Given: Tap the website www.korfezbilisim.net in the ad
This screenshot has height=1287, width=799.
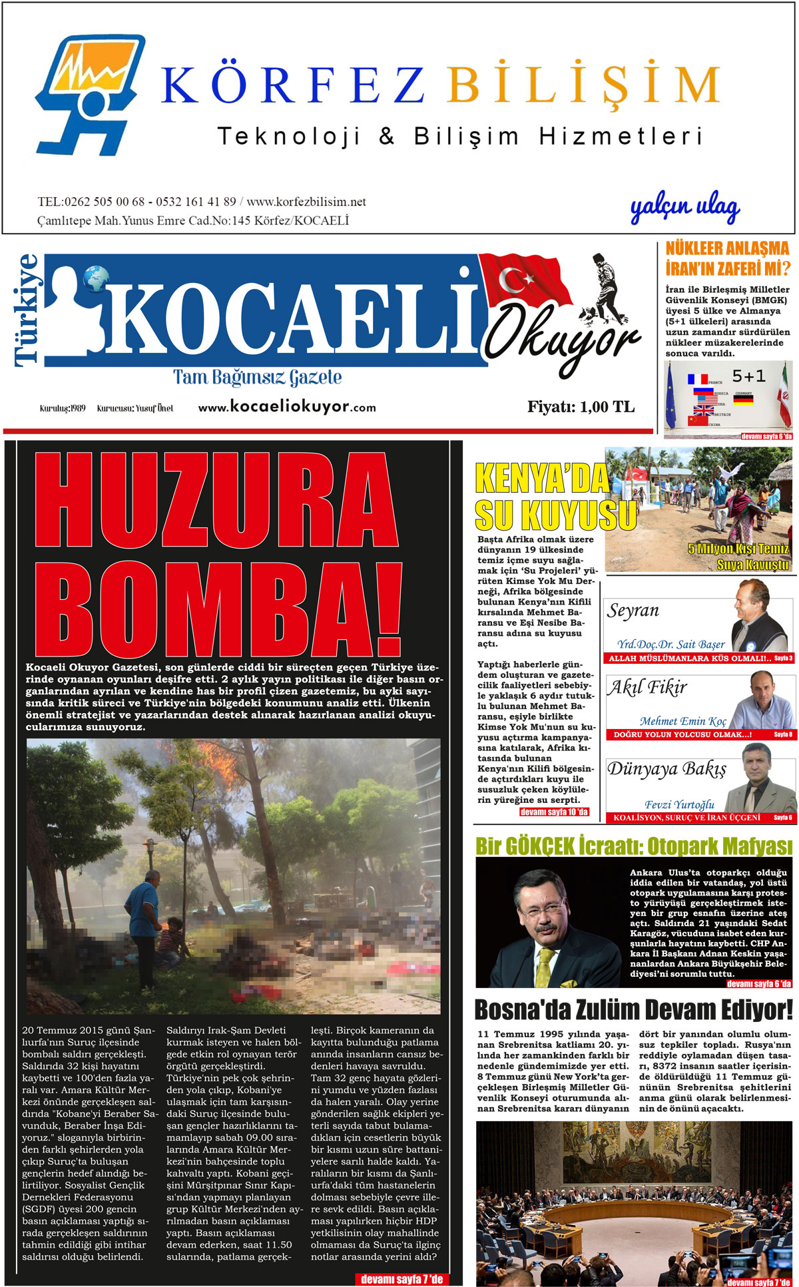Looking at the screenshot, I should point(306,202).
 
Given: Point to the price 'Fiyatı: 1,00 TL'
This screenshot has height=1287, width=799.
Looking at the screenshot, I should point(581,407).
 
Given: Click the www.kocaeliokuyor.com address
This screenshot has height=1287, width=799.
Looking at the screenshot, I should point(287,407).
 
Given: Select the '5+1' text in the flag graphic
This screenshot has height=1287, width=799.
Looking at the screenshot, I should point(748,376).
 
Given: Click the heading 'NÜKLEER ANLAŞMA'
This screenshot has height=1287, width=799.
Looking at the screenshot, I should point(727,249).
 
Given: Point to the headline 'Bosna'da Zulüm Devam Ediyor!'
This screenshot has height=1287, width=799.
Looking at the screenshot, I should point(633,1009).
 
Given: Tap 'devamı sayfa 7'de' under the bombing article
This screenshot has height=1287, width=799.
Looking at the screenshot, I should point(401,1278).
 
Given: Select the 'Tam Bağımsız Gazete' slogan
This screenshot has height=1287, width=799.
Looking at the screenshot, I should point(258,378).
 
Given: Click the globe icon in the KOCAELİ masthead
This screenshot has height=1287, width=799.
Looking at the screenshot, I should point(97,279).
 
